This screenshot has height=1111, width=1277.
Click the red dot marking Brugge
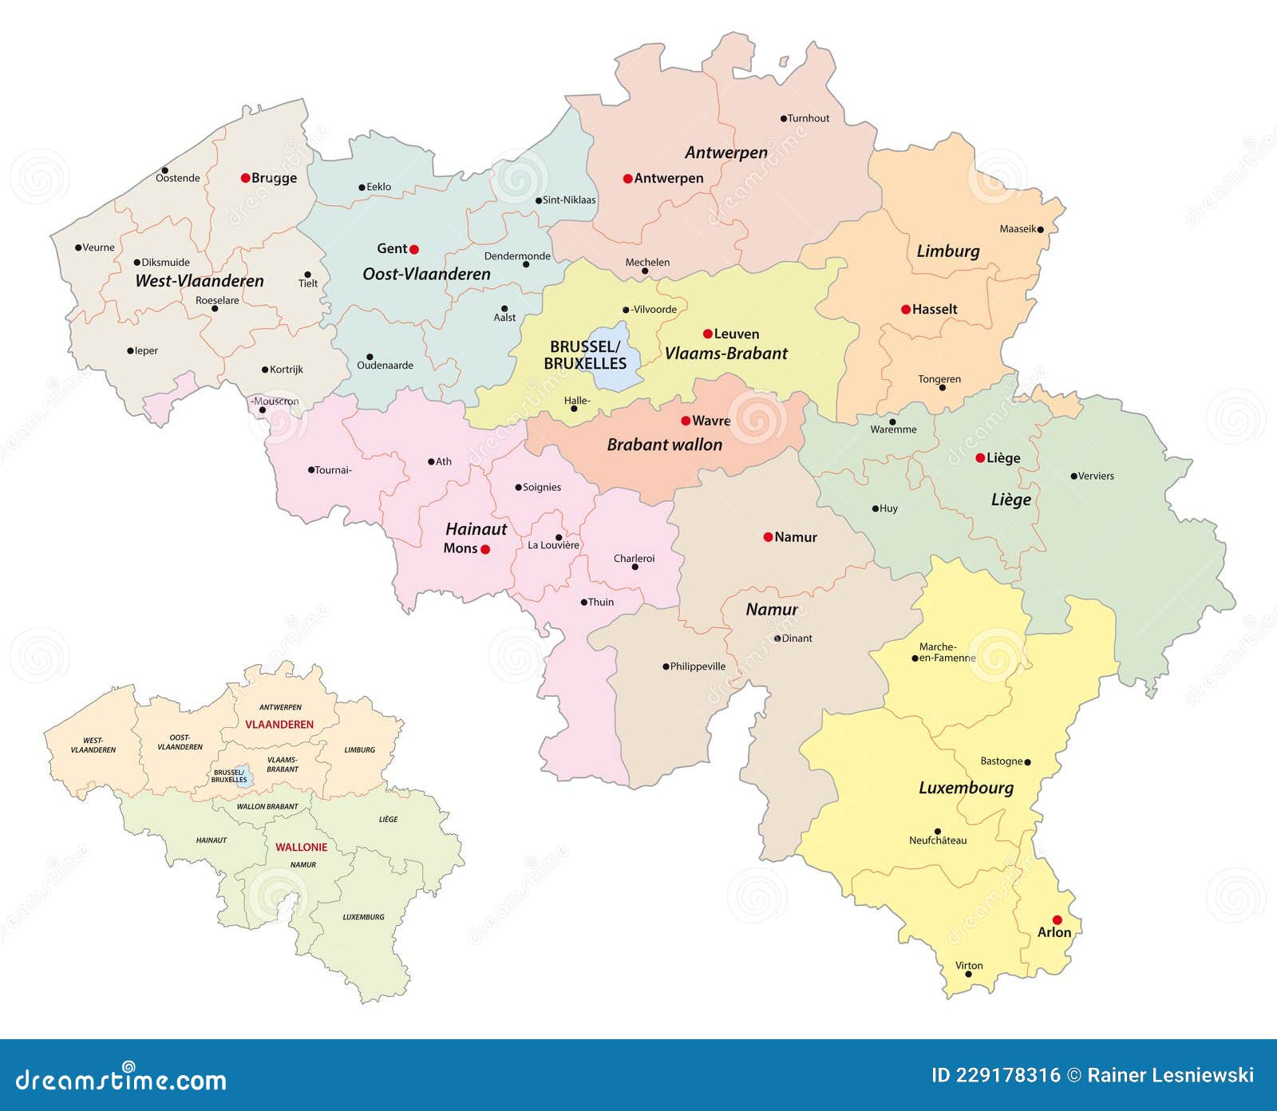tap(246, 178)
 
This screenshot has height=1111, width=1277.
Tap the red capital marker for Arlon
tap(1058, 920)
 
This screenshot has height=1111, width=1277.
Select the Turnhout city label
tap(809, 118)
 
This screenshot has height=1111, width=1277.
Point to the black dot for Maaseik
tap(1041, 229)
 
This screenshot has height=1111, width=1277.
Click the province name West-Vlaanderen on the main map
tap(200, 281)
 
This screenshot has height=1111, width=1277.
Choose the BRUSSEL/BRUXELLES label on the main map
tap(585, 355)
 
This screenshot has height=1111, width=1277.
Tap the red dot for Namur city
tap(768, 537)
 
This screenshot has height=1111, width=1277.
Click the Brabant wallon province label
tap(664, 445)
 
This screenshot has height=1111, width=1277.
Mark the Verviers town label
tap(1096, 476)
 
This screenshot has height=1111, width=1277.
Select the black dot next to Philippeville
tap(666, 666)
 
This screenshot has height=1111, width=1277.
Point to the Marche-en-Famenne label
tap(947, 652)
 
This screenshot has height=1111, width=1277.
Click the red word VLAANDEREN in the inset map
tap(279, 725)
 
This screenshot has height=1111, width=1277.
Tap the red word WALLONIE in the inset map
tap(302, 848)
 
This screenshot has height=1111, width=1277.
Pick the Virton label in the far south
tap(969, 966)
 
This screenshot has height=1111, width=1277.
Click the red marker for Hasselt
tap(906, 310)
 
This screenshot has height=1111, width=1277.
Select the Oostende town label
tap(177, 178)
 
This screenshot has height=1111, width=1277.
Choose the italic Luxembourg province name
tap(966, 788)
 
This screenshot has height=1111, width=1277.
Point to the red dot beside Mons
tap(485, 549)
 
